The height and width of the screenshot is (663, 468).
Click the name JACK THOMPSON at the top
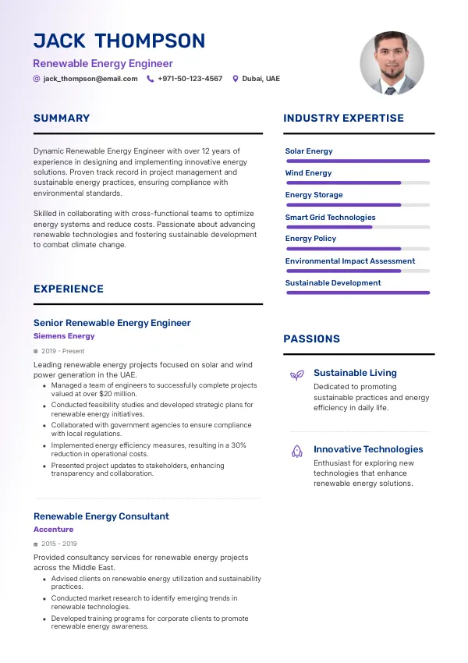click(119, 41)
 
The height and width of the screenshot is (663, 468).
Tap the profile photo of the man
click(392, 63)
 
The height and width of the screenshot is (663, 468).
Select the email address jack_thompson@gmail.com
click(90, 79)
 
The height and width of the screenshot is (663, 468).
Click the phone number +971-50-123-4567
click(190, 79)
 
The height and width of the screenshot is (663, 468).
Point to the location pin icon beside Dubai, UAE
click(236, 79)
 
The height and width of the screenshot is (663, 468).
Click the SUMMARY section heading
click(62, 119)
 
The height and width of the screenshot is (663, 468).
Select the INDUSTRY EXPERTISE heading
click(343, 119)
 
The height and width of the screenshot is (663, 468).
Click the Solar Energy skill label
click(309, 151)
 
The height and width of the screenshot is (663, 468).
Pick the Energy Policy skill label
click(310, 239)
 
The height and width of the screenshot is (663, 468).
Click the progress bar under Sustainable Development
click(357, 292)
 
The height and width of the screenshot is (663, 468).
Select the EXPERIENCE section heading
click(69, 289)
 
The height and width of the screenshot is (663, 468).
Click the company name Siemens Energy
click(64, 336)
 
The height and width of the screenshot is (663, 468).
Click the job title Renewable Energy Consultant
click(101, 516)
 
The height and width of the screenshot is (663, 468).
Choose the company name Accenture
click(53, 530)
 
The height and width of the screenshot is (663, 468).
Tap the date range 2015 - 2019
click(59, 544)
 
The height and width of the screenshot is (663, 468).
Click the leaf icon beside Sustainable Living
click(296, 375)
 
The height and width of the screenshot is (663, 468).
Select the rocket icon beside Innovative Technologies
click(296, 451)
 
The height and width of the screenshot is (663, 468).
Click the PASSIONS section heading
click(311, 339)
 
